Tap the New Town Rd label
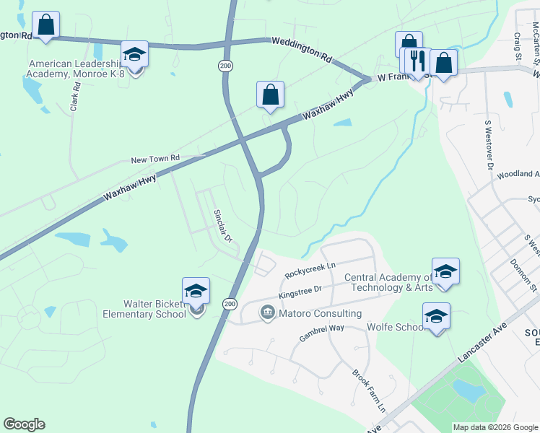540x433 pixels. (x=154, y=159)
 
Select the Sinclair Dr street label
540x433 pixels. (x=222, y=226)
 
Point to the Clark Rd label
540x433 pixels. (x=74, y=95)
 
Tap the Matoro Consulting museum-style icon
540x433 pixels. (x=266, y=313)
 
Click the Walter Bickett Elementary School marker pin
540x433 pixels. (x=196, y=292)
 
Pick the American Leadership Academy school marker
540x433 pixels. (x=134, y=56)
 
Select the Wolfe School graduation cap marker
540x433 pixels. (x=436, y=318)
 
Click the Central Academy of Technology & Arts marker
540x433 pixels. (x=445, y=272)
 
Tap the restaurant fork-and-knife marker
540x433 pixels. (x=417, y=61)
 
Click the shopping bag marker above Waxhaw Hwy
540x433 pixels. (x=270, y=95)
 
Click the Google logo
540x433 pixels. (x=24, y=424)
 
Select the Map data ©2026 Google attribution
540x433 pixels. (x=494, y=427)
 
